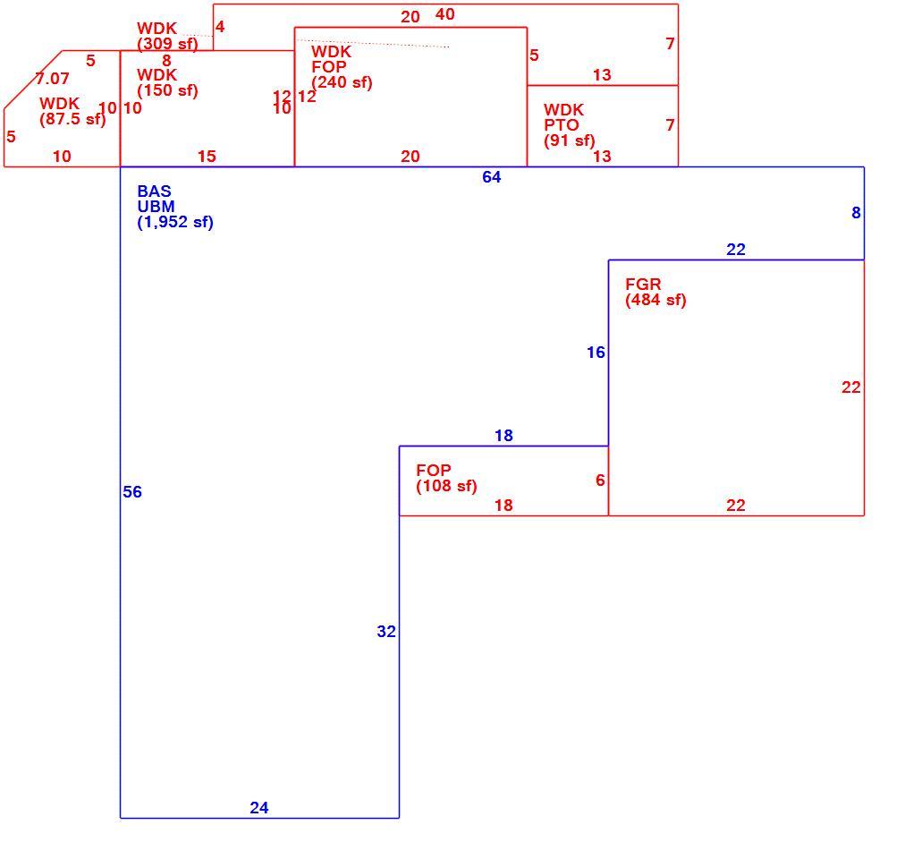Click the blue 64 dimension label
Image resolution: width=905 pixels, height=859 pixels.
click(x=491, y=177)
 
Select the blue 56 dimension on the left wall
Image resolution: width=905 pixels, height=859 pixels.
click(x=132, y=491)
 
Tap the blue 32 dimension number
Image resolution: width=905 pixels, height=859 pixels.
click(x=386, y=632)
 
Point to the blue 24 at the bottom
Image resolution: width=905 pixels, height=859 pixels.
click(x=259, y=808)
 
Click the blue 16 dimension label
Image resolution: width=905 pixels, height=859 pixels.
click(x=596, y=353)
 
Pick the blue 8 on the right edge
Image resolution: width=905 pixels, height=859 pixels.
click(x=856, y=213)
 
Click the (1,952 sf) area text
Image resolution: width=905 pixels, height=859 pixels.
click(x=175, y=222)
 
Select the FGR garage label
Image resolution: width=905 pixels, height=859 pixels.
click(x=643, y=285)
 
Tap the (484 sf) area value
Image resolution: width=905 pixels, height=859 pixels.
click(x=655, y=300)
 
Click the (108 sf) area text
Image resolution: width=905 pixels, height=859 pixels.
click(x=447, y=486)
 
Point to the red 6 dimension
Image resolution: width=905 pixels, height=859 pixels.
click(x=600, y=480)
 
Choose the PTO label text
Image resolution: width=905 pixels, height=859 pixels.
click(x=561, y=124)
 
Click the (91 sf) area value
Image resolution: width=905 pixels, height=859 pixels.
click(x=569, y=140)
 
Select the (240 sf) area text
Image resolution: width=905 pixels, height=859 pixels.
click(x=342, y=82)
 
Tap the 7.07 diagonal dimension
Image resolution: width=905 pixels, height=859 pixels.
click(x=53, y=78)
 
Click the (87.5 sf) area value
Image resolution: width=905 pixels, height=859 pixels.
click(x=72, y=119)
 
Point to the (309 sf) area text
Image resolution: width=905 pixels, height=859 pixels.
click(x=167, y=44)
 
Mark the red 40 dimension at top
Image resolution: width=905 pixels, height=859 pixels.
click(x=445, y=13)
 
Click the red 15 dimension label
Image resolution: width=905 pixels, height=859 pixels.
click(x=207, y=156)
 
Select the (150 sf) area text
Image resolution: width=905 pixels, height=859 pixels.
click(x=167, y=90)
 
